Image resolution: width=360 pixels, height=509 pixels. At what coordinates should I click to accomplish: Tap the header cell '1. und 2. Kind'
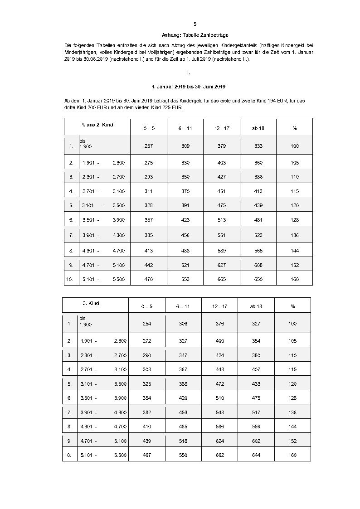[97, 124]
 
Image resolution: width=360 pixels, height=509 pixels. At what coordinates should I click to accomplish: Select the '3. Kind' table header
[94, 303]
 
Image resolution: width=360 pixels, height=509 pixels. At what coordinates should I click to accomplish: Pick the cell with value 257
[149, 146]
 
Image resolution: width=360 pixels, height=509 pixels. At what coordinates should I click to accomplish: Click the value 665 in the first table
[222, 279]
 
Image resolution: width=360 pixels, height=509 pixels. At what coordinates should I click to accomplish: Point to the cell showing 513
[222, 220]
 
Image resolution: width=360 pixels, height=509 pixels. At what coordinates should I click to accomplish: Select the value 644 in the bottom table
[256, 455]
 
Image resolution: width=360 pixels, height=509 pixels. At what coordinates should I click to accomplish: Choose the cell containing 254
[146, 324]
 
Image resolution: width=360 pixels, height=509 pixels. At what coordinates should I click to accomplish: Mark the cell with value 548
[220, 412]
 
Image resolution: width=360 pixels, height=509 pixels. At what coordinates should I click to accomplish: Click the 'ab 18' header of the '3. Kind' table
[256, 307]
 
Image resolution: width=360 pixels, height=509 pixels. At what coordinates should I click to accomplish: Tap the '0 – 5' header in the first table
[149, 128]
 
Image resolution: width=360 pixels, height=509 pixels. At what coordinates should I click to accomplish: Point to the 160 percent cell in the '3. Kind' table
[292, 455]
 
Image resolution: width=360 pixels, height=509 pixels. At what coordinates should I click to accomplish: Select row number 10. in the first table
[70, 279]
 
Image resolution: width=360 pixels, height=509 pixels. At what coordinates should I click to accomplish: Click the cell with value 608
[258, 265]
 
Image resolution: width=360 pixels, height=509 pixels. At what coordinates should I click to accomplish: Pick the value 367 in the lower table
[183, 369]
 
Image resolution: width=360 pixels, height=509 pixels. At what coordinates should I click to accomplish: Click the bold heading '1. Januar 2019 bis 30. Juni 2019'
[189, 86]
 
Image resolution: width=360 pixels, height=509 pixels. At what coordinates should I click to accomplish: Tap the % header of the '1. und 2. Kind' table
[295, 128]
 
